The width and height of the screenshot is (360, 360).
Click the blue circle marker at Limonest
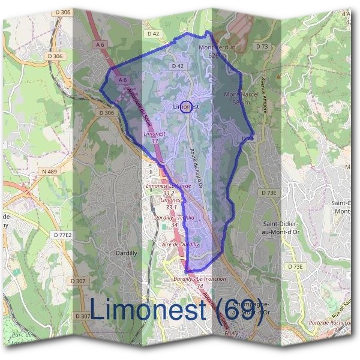tap(186, 107)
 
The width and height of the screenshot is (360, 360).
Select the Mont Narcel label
tap(237, 98)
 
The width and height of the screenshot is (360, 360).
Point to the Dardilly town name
tap(127, 253)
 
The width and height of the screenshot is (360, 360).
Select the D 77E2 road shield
tap(62, 235)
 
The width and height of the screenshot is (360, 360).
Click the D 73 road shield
tap(262, 46)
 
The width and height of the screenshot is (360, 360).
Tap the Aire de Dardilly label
tap(181, 245)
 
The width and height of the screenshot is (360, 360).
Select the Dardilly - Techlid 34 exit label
tap(175, 221)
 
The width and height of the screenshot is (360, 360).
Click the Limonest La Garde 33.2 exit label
tap(169, 190)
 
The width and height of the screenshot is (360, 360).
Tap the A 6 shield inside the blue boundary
tap(123, 80)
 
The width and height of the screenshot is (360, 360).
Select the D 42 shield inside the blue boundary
tap(177, 66)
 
